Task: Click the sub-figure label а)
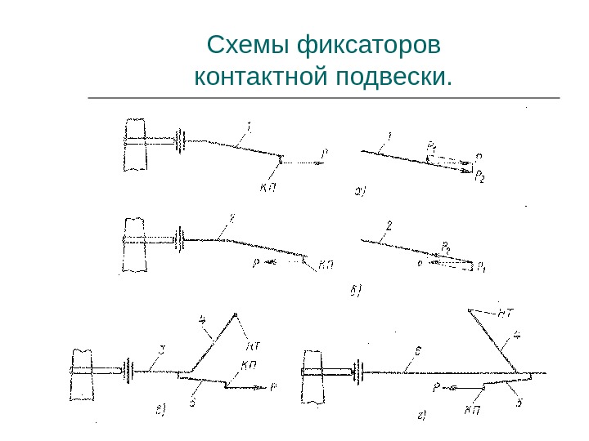[x=359, y=193]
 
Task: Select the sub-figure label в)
[x=161, y=410]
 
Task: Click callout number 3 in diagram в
[x=162, y=350]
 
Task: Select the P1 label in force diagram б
[x=483, y=266]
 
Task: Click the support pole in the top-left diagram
[x=135, y=145]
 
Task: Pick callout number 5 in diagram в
[x=191, y=401]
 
